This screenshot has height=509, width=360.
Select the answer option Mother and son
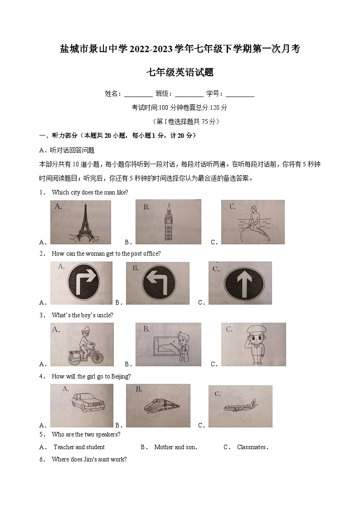175,447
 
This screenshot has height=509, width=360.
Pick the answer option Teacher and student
79,447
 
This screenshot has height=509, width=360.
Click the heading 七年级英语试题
180,72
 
